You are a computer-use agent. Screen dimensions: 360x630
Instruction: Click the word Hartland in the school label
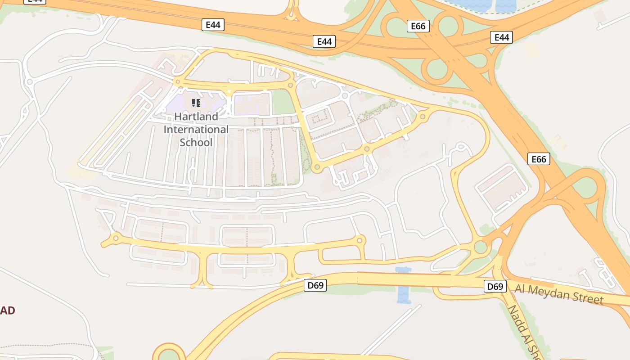point(196,117)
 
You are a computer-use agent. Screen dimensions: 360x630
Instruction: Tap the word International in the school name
point(196,130)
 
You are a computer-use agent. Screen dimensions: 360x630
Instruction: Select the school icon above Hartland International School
point(196,103)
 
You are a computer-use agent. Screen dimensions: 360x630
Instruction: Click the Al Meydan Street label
point(559,293)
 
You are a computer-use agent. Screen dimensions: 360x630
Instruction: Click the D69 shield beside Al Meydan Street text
point(495,286)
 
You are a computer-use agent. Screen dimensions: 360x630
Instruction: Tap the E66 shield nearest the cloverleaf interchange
point(418,26)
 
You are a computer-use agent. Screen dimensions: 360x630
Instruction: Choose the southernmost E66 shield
point(539,159)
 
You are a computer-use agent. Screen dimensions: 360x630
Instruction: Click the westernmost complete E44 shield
point(213,25)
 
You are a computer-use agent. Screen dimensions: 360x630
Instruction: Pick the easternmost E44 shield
point(501,37)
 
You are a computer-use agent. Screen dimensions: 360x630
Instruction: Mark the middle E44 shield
point(324,41)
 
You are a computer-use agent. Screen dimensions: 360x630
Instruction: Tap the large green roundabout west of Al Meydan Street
point(481,247)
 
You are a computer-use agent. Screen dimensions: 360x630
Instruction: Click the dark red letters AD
point(8,310)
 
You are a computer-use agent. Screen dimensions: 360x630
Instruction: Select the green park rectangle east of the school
point(283,102)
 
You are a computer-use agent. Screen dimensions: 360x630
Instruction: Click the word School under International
point(196,142)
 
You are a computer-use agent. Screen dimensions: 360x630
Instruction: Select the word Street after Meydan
point(587,297)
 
